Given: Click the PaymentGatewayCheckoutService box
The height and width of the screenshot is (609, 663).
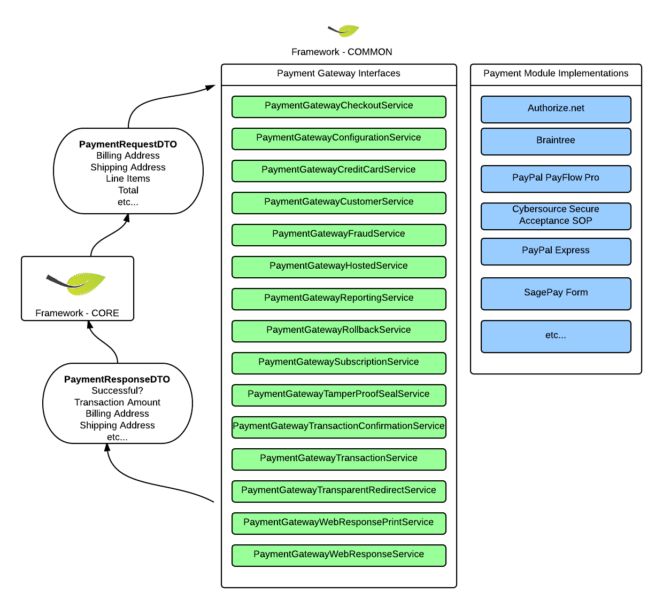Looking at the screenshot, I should point(338,106).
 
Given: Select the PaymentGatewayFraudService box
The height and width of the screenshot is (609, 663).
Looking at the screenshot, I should point(338,235).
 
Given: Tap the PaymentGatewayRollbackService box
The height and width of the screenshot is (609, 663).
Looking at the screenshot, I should point(338,331).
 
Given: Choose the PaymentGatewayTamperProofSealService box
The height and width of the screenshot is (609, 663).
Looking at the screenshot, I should point(338,395).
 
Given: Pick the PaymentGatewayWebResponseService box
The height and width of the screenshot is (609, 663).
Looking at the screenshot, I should point(338,555).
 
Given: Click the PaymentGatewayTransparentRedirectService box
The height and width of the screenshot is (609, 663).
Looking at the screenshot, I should point(338,491).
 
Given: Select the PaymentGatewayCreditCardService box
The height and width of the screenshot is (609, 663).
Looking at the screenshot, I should point(338,170).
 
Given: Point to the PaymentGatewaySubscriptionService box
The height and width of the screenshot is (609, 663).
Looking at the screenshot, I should point(338,363).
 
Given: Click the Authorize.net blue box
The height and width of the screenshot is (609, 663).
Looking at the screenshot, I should point(556,109).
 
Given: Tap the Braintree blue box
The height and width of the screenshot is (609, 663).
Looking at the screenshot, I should point(556,141).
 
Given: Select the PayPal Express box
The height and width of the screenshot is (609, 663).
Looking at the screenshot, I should point(556,251).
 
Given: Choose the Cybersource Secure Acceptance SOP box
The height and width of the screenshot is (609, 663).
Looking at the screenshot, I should point(556,216).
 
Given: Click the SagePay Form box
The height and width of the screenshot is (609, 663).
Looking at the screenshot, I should point(556,293).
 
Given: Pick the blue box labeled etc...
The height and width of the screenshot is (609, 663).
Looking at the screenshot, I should point(556,336).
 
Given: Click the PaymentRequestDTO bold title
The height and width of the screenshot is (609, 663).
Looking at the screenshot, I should point(128,144).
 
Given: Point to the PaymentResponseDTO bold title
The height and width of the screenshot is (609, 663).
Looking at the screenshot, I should point(117,379).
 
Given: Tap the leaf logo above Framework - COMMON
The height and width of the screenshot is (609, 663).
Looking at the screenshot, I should point(344,30).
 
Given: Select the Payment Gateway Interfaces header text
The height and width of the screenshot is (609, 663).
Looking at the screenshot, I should point(338,74).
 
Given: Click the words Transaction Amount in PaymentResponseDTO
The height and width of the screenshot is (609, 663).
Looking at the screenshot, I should point(117,402).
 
